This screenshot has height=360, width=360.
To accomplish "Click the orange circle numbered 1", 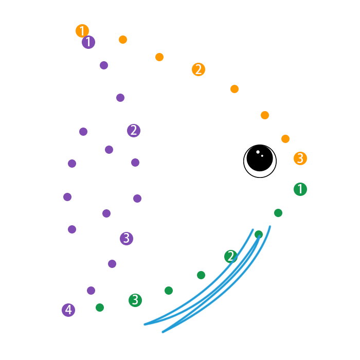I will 82,31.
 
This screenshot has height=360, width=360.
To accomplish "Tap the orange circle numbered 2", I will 199,69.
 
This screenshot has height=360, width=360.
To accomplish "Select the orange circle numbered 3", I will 300,158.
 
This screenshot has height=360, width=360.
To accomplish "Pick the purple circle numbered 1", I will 88,42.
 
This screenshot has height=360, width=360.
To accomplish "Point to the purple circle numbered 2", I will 134,131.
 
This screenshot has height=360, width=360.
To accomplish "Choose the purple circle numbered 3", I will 127,239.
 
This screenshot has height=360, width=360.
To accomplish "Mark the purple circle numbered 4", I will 68,310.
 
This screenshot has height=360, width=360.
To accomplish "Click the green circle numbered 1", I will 300,189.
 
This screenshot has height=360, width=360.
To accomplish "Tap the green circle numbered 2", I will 231,256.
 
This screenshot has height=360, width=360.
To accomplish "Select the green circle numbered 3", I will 135,300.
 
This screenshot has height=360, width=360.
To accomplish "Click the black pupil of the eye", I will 260,158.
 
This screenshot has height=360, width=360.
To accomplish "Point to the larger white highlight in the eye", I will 258,152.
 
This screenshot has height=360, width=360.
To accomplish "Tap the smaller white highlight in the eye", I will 262,156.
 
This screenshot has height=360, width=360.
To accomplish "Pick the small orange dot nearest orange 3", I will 285,139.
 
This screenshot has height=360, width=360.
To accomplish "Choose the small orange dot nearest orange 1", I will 123,40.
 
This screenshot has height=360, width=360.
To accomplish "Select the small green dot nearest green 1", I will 278,213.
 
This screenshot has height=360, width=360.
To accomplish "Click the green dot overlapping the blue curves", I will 259,235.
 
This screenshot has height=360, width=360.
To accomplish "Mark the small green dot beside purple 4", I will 100,308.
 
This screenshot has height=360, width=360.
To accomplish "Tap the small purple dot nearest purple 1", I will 104,65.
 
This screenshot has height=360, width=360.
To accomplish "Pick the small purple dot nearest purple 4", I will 91,291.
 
